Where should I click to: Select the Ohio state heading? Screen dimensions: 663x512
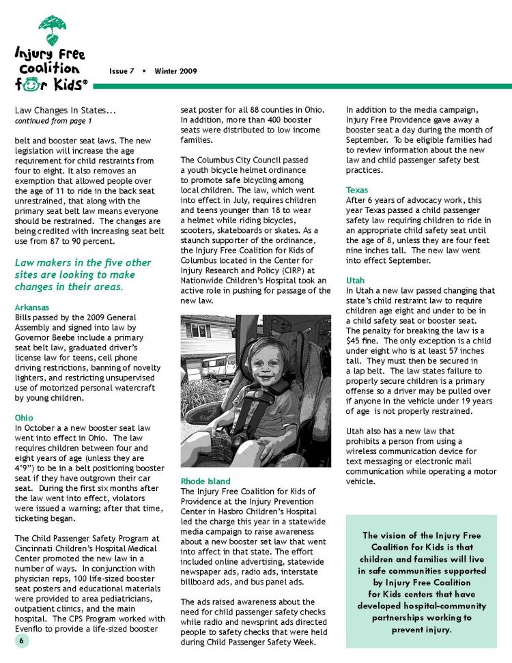pyautogui.click(x=23, y=417)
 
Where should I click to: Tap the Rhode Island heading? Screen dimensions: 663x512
pyautogui.click(x=205, y=481)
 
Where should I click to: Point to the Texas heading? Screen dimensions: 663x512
pyautogui.click(x=357, y=190)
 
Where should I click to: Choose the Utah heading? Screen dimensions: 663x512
pyautogui.click(x=356, y=281)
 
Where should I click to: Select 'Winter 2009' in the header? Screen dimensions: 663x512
pyautogui.click(x=175, y=71)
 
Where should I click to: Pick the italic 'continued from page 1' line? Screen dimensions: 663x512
pyautogui.click(x=53, y=121)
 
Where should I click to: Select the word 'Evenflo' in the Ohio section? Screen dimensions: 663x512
pyautogui.click(x=31, y=629)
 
